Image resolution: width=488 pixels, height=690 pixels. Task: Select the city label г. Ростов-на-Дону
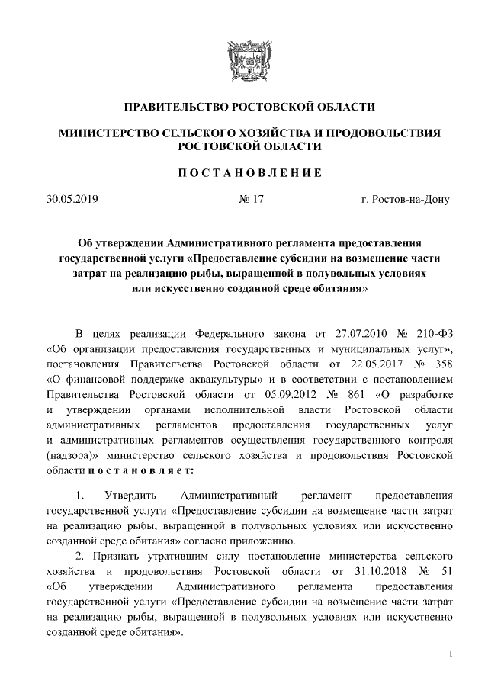[405, 200]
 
